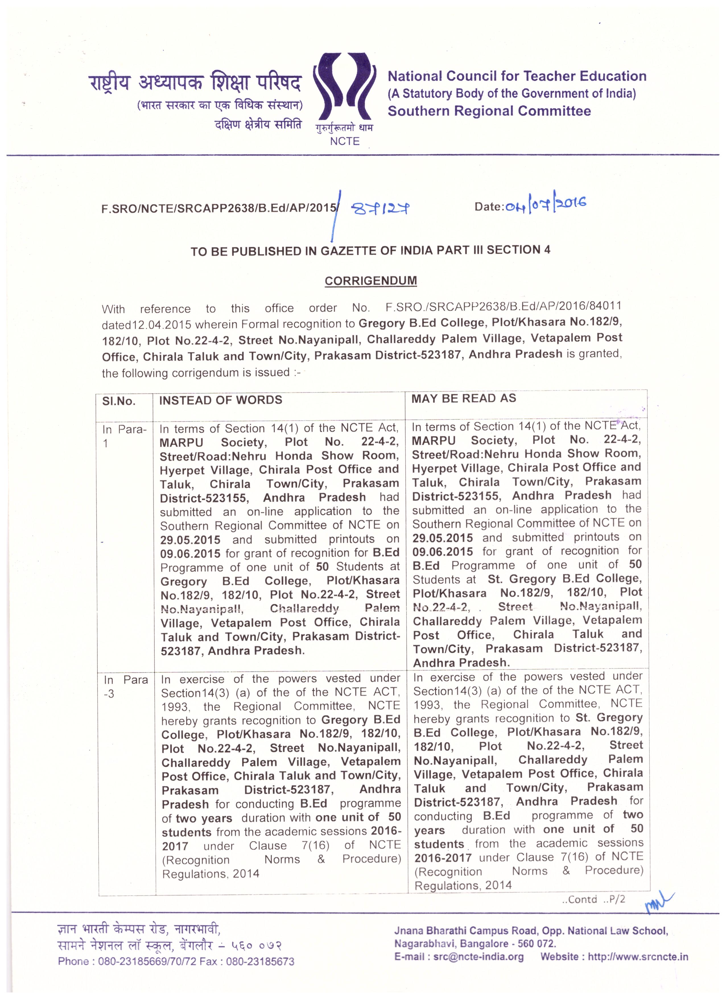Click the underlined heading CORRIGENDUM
click(371, 281)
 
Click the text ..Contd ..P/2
click(593, 899)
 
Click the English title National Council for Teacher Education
click(516, 76)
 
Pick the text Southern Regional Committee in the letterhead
click(489, 111)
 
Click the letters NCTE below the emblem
click(345, 141)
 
